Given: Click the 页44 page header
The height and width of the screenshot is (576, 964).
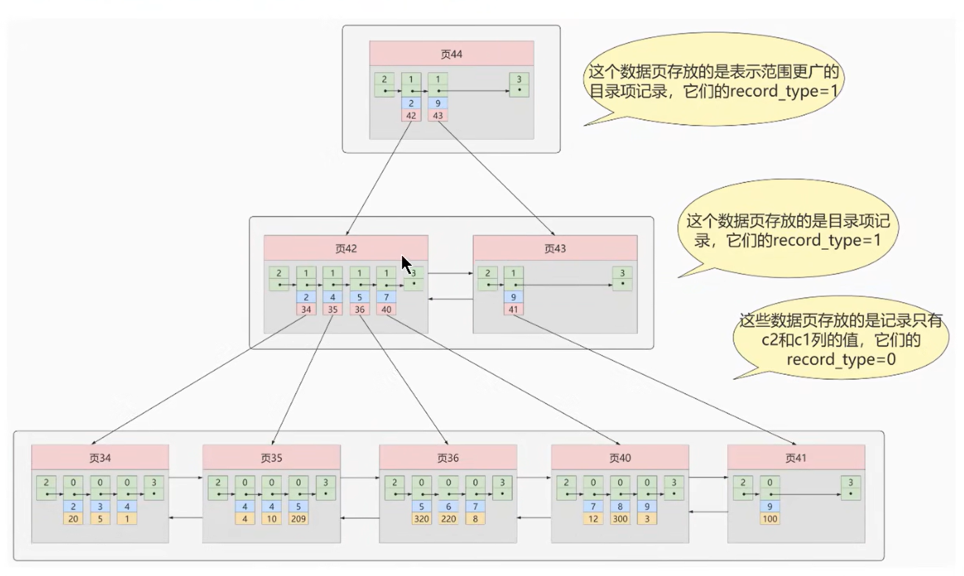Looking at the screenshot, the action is point(451,54).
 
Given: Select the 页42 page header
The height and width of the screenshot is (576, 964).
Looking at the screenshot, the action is point(346,248).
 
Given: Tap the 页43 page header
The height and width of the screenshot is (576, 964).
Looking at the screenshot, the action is point(555,248).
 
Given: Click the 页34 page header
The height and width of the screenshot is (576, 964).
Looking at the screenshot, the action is point(100,457).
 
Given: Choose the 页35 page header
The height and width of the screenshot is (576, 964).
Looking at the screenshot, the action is point(271,457).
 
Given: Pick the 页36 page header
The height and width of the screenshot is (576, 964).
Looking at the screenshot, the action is point(448,457).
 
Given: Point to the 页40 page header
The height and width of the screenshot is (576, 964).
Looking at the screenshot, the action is point(620,457).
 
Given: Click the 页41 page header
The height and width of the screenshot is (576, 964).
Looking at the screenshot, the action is point(796,457).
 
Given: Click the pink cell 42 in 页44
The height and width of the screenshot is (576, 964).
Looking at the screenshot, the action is point(411,115).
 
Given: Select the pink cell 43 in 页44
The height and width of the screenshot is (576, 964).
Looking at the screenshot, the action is point(438,115).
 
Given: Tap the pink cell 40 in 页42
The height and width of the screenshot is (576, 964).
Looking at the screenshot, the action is point(386,309).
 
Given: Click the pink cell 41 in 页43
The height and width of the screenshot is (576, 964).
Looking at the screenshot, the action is point(513,309).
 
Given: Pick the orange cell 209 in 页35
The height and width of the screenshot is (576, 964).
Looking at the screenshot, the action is point(298,519).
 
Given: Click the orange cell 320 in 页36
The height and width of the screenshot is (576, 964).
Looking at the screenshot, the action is point(421,519).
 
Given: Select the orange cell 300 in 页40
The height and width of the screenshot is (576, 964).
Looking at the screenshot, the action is point(620,519).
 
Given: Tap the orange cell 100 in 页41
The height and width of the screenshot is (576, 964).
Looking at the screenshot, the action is point(770,519).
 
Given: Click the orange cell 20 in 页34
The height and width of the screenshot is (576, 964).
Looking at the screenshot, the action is point(73,519).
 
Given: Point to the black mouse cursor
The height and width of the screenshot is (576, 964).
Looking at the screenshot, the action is point(406,265).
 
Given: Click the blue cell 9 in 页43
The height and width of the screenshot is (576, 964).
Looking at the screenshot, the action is point(513,297).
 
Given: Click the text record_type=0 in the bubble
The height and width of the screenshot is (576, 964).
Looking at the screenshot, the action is point(841,360).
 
